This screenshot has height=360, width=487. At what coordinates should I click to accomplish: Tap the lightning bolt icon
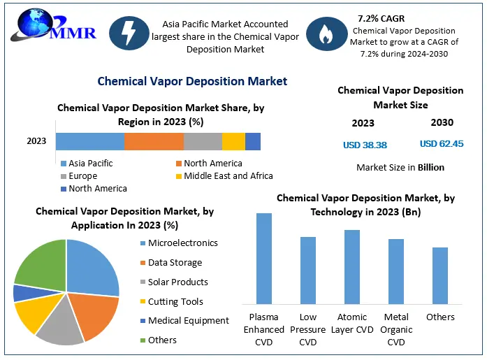[128, 34]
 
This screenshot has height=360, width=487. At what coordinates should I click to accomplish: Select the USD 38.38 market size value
[365, 145]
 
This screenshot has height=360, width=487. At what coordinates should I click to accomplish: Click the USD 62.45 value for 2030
[442, 143]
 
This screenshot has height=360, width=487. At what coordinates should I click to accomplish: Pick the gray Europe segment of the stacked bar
[203, 141]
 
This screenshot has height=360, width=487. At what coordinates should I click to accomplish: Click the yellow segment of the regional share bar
[233, 141]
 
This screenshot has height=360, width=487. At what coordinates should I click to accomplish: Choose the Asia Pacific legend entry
[90, 164]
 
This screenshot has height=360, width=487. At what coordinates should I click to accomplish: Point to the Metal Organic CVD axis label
[396, 329]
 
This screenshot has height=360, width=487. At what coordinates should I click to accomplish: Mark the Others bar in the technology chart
[440, 275]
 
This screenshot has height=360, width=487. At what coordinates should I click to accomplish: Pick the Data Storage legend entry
[175, 263]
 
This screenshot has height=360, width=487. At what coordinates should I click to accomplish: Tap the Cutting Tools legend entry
[175, 301]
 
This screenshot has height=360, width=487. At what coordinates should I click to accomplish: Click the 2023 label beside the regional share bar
[36, 141]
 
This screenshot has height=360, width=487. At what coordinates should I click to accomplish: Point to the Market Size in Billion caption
[400, 168]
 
